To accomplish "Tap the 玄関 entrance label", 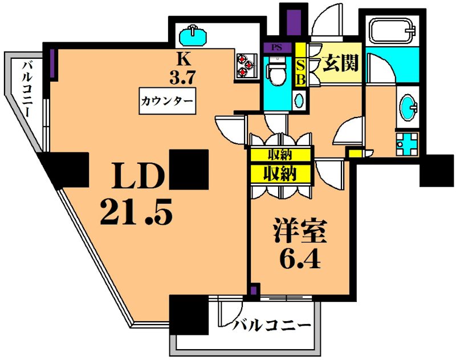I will [341, 63].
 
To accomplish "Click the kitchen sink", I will [194, 35].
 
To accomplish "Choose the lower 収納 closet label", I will [279, 173].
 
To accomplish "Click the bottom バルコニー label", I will [272, 326].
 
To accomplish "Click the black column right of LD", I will [189, 169].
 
